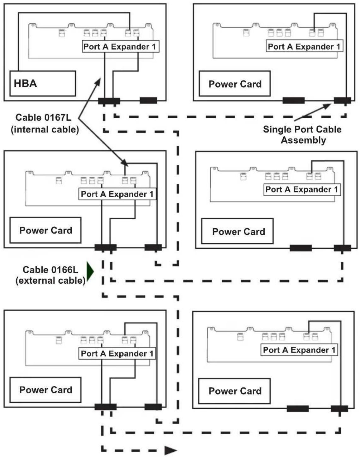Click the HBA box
[43, 83]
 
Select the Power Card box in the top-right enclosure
[235, 83]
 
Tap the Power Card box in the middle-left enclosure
[45, 230]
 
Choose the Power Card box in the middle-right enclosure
[237, 231]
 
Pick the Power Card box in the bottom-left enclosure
[45, 390]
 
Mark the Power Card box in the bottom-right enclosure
[234, 391]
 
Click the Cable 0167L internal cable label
[45, 123]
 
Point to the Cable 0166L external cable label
[51, 275]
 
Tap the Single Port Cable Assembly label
[302, 135]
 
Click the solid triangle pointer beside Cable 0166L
[90, 271]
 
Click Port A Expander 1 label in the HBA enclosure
[121, 46]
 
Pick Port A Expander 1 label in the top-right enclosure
[304, 46]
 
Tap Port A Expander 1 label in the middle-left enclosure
[117, 194]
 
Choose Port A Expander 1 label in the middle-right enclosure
[302, 189]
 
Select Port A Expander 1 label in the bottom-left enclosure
[117, 353]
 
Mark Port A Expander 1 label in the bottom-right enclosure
[299, 350]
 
